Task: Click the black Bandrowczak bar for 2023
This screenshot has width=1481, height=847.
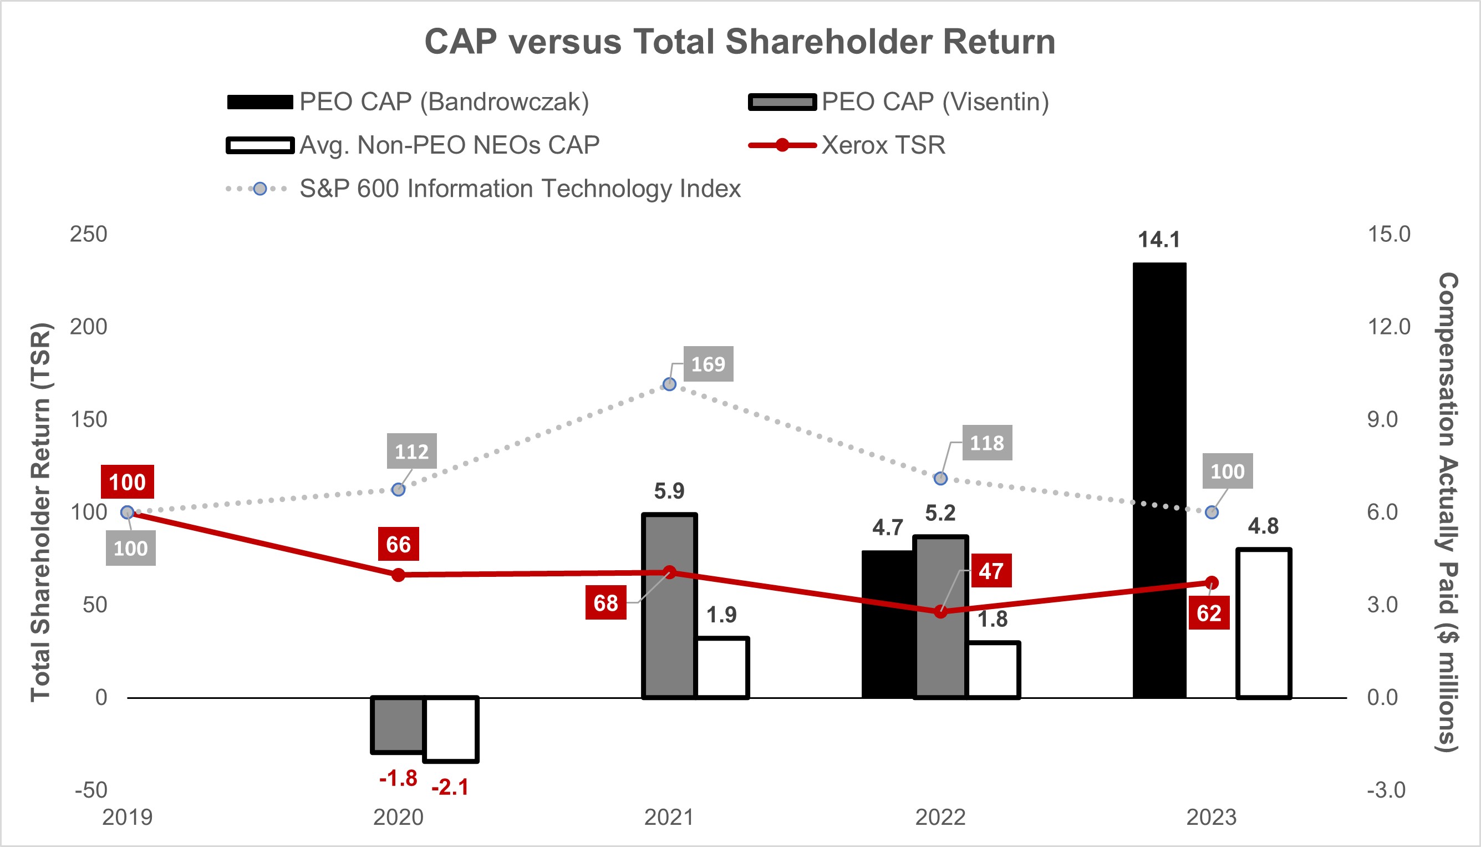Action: tap(1159, 480)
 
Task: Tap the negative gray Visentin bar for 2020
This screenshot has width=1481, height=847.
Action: tap(398, 724)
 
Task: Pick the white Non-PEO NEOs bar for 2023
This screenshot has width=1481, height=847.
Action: tap(1264, 622)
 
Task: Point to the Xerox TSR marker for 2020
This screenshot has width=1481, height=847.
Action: tap(398, 575)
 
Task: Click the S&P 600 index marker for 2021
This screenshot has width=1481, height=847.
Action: tap(669, 384)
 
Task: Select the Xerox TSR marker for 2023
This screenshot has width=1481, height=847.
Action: tap(1212, 583)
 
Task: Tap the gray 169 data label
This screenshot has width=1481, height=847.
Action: tap(708, 364)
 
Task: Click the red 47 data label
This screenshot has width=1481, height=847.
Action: tap(991, 571)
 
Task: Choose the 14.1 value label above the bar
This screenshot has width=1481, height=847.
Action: tap(1159, 240)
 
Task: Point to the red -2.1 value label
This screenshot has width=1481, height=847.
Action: tap(450, 787)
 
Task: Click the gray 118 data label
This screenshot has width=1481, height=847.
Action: tap(987, 443)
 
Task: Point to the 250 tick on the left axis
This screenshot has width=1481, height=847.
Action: tap(88, 235)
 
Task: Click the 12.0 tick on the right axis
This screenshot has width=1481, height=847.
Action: tap(1388, 327)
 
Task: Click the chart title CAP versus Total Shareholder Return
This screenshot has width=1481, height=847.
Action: tap(740, 42)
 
